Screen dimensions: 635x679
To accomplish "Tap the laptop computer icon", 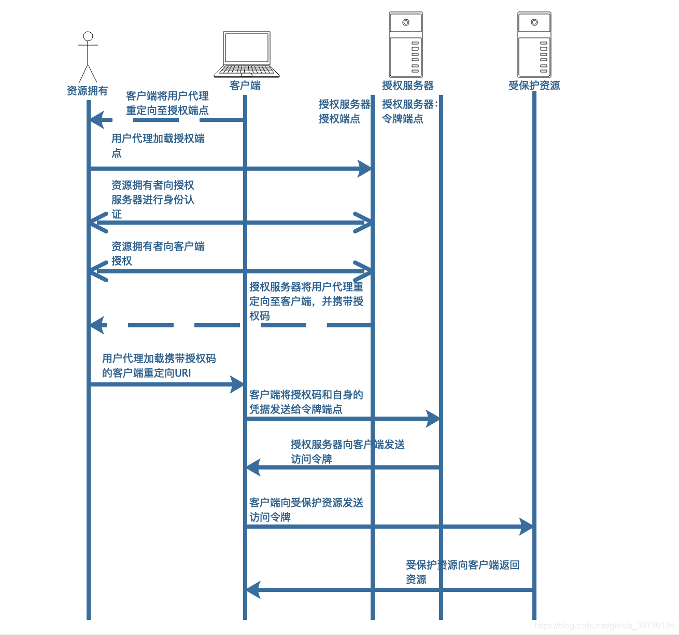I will [247, 54].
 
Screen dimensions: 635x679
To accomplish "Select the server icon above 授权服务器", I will [406, 45].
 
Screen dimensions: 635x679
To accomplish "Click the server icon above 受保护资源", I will [534, 45].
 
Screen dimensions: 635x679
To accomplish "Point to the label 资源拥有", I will [87, 91].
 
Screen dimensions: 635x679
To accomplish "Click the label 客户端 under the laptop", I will [245, 86].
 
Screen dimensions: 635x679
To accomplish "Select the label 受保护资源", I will [534, 86].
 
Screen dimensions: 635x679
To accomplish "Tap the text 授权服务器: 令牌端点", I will [409, 112].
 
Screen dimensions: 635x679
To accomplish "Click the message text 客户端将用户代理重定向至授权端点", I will [167, 103].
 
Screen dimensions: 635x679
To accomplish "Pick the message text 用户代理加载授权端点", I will [158, 145].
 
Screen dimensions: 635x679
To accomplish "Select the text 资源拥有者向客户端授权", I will [158, 253].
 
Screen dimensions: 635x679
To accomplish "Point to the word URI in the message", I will [183, 373].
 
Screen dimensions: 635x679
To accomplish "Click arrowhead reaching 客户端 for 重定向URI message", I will [238, 384].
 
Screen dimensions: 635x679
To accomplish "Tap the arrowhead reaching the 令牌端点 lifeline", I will [433, 418].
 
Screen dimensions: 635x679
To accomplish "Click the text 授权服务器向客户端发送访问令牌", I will [347, 451].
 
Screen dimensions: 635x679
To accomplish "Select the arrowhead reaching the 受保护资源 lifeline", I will [527, 526].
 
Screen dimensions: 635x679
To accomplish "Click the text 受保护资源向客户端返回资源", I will [462, 572].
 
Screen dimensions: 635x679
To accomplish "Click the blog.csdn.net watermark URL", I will [604, 626].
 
